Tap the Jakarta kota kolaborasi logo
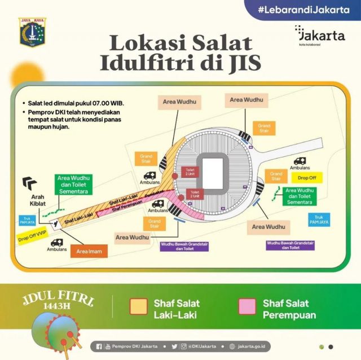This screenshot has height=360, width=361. tap(319, 36)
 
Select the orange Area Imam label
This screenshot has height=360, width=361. tap(89, 251)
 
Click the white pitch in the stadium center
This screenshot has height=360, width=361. tap(213, 173)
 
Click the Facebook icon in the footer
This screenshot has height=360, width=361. tap(99, 346)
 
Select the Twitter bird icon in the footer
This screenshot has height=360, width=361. tap(175, 346)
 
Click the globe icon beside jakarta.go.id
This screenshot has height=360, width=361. tap(232, 346)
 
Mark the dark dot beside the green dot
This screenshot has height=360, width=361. tap(331, 347)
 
